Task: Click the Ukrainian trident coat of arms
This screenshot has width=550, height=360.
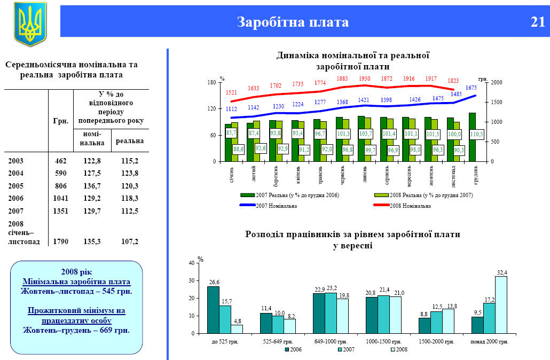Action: point(30,24)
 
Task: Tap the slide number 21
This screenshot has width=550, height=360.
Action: point(537,22)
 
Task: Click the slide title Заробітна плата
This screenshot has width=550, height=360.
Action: point(293,22)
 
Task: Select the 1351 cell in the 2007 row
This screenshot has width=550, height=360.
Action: point(60,211)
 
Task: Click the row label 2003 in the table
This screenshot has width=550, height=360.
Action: point(16,160)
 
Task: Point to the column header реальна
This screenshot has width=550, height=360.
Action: point(129,140)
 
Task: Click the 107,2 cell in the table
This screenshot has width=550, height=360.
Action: point(129,241)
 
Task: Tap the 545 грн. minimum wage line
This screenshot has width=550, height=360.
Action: point(76,291)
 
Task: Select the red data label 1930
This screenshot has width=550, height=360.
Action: point(364,79)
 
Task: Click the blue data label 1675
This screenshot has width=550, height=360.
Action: point(471,88)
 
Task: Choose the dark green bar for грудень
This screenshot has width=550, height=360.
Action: point(472,137)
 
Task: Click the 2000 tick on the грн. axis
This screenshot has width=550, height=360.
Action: point(497,83)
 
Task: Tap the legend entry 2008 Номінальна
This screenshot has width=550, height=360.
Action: point(410,206)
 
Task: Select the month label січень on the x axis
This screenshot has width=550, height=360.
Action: point(231,174)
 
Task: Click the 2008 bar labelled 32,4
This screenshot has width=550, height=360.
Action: point(501,304)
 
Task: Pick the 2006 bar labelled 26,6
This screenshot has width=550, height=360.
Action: point(213,310)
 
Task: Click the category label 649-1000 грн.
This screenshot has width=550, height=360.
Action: point(332,341)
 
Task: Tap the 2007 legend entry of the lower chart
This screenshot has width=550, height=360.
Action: point(347,349)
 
